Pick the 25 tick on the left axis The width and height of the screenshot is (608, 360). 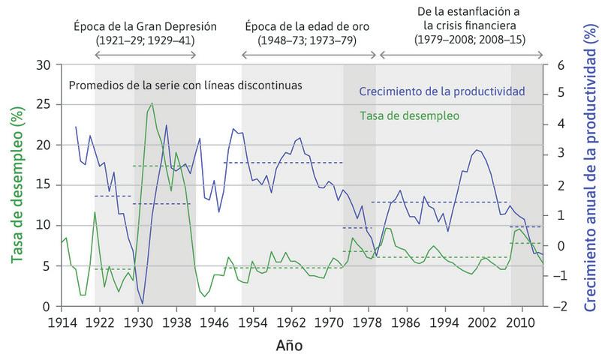click(x=44, y=103)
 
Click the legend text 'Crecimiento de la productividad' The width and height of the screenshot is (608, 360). click(x=441, y=92)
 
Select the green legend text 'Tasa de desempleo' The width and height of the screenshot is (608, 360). click(x=409, y=116)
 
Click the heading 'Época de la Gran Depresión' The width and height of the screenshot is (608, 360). click(x=145, y=26)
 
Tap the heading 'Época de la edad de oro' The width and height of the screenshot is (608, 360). click(x=309, y=26)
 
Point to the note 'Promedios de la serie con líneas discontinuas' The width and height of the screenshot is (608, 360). click(x=185, y=85)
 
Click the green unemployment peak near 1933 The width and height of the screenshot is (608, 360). click(x=152, y=103)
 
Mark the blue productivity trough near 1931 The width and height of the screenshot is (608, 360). click(x=143, y=303)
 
